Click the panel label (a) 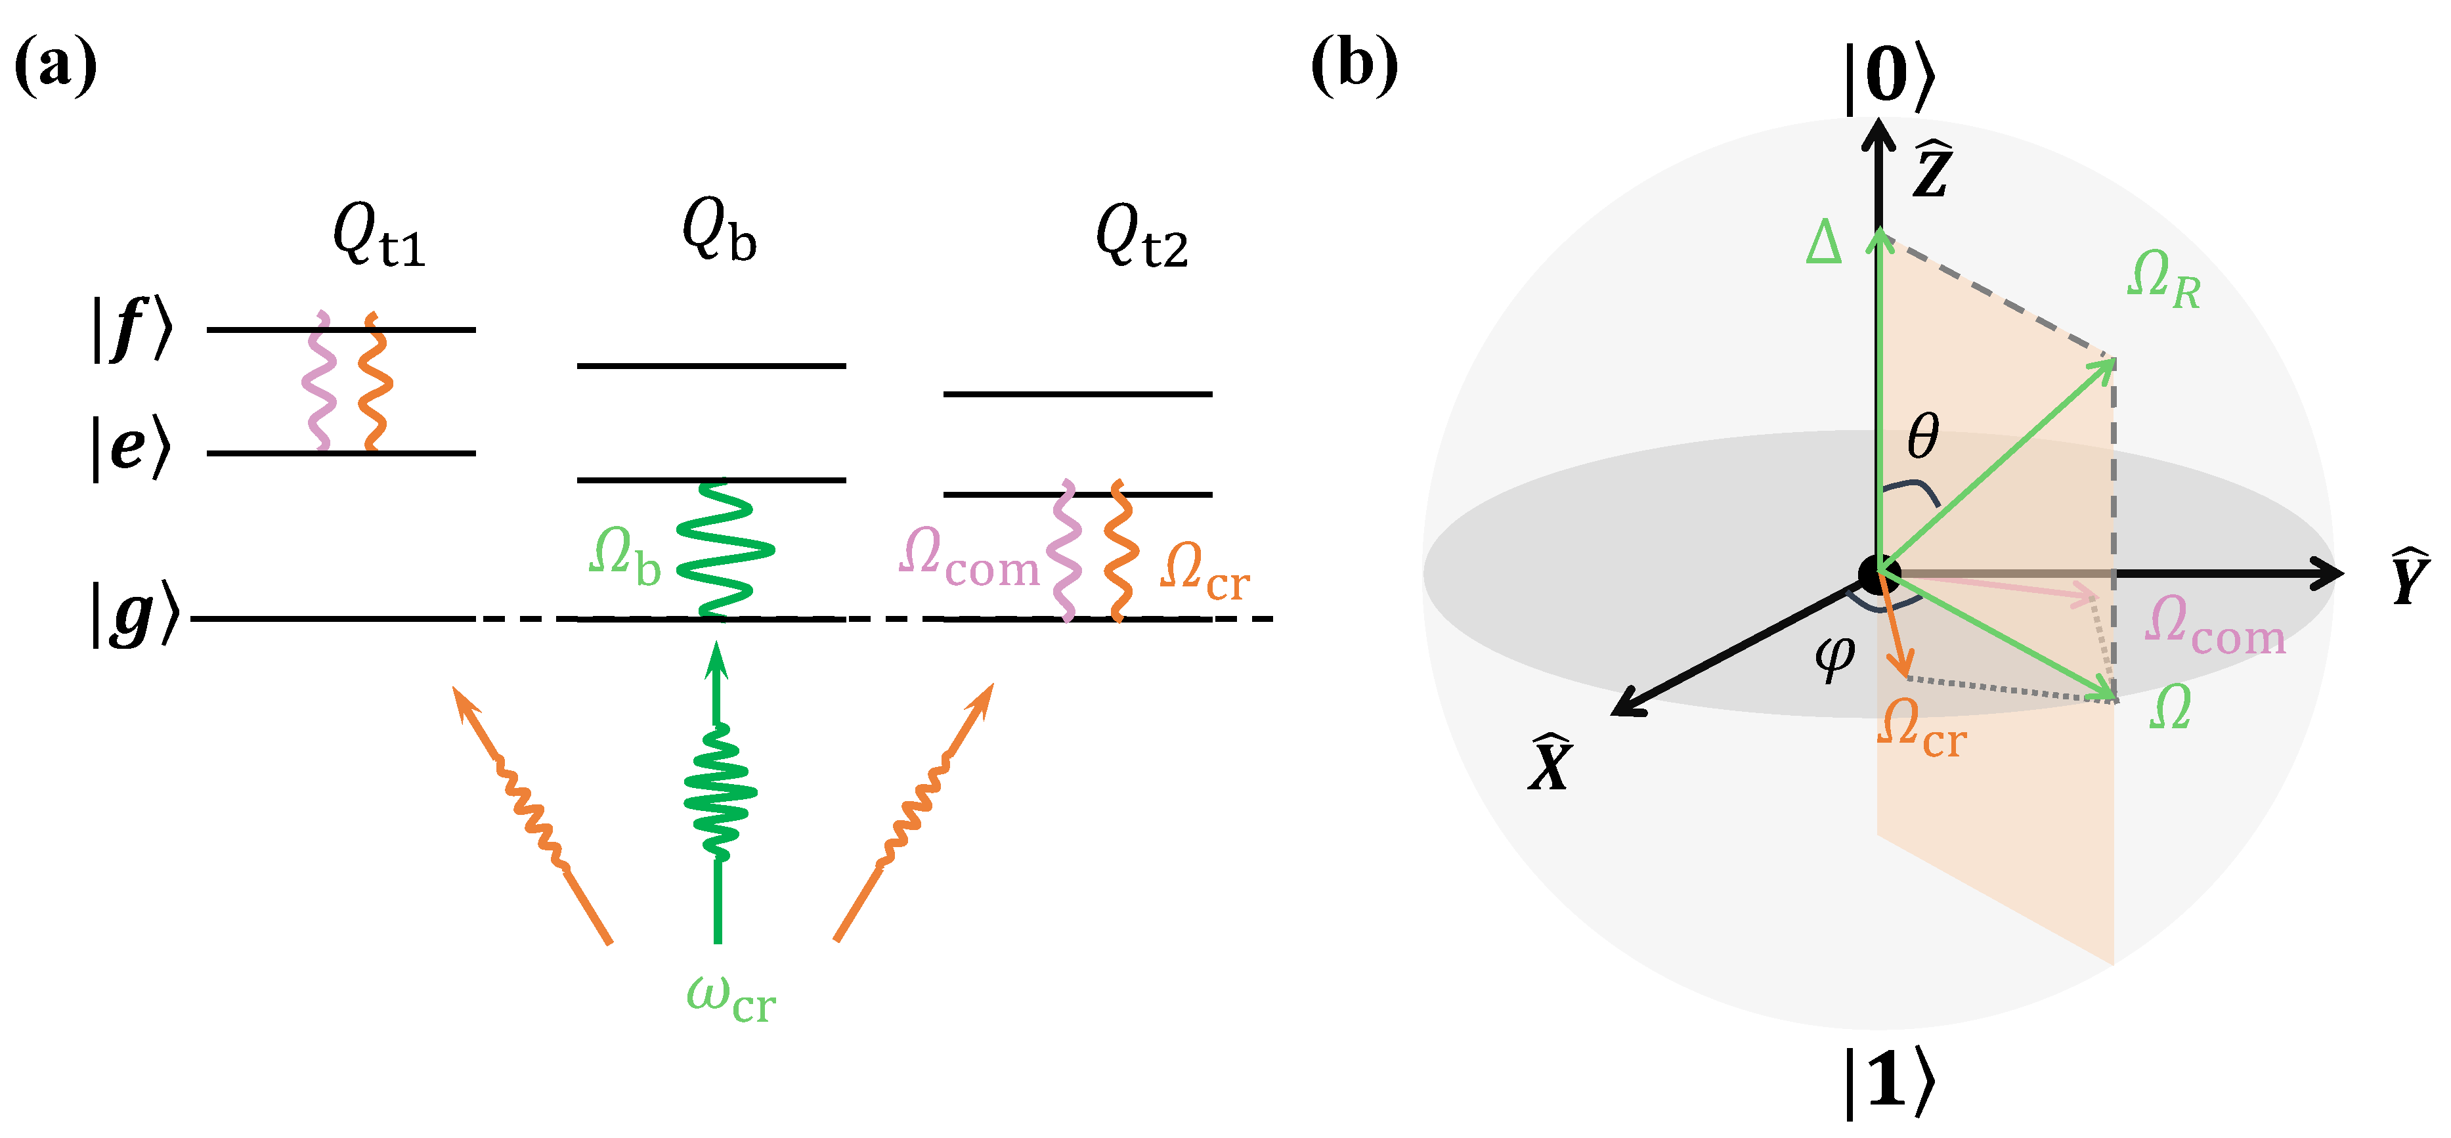click(x=55, y=66)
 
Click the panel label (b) click(x=1353, y=66)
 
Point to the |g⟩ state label click(x=134, y=615)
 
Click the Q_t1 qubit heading click(x=378, y=236)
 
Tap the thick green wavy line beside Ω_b click(x=725, y=550)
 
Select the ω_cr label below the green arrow click(x=731, y=999)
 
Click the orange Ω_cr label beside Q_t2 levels click(x=1204, y=571)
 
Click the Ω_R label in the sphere click(x=2163, y=280)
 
